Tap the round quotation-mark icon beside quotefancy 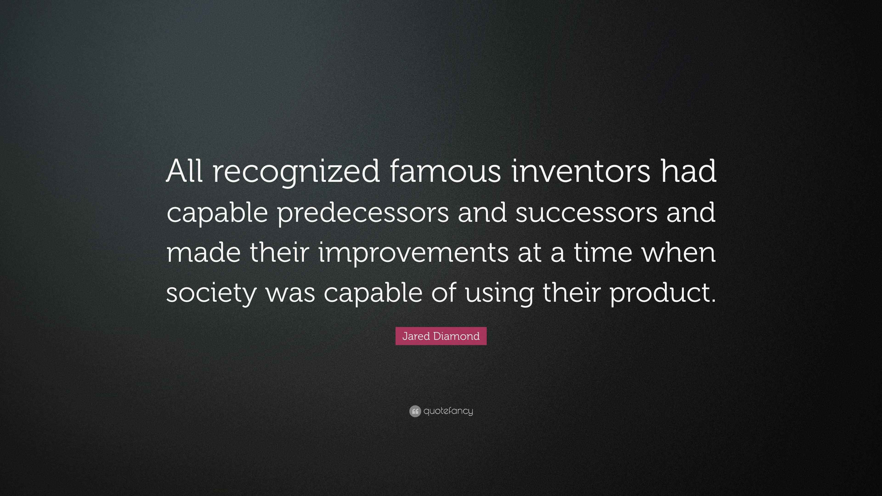[415, 411]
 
